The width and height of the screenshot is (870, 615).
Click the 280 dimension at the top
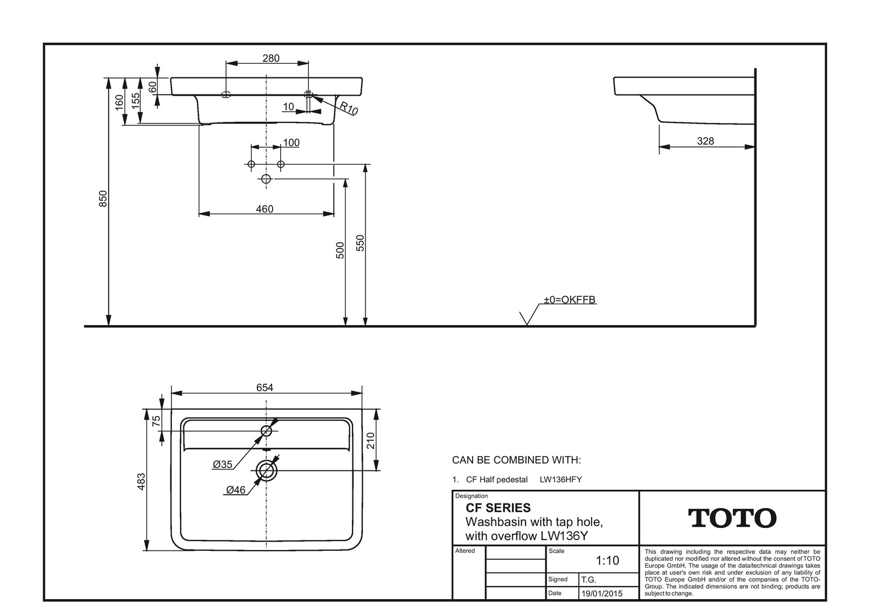[270, 58]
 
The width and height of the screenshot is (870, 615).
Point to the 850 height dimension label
[102, 199]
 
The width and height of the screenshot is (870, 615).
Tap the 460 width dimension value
[265, 209]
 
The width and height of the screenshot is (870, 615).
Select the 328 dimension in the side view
[705, 141]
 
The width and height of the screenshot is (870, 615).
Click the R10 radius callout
[348, 108]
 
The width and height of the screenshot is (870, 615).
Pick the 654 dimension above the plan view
[265, 387]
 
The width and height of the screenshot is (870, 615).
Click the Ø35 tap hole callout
[223, 464]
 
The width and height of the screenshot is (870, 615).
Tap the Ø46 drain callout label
[236, 490]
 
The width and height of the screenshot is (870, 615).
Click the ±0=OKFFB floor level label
[569, 300]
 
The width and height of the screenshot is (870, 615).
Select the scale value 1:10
[608, 560]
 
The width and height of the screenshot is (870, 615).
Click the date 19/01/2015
[602, 593]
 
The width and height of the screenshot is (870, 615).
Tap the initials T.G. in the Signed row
[588, 580]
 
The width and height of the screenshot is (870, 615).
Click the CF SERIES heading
[498, 508]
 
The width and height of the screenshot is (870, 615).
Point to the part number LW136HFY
[560, 479]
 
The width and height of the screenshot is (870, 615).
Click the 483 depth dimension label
[141, 481]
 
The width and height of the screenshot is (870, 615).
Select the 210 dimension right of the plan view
[371, 441]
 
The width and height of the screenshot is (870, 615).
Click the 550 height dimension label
[360, 243]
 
